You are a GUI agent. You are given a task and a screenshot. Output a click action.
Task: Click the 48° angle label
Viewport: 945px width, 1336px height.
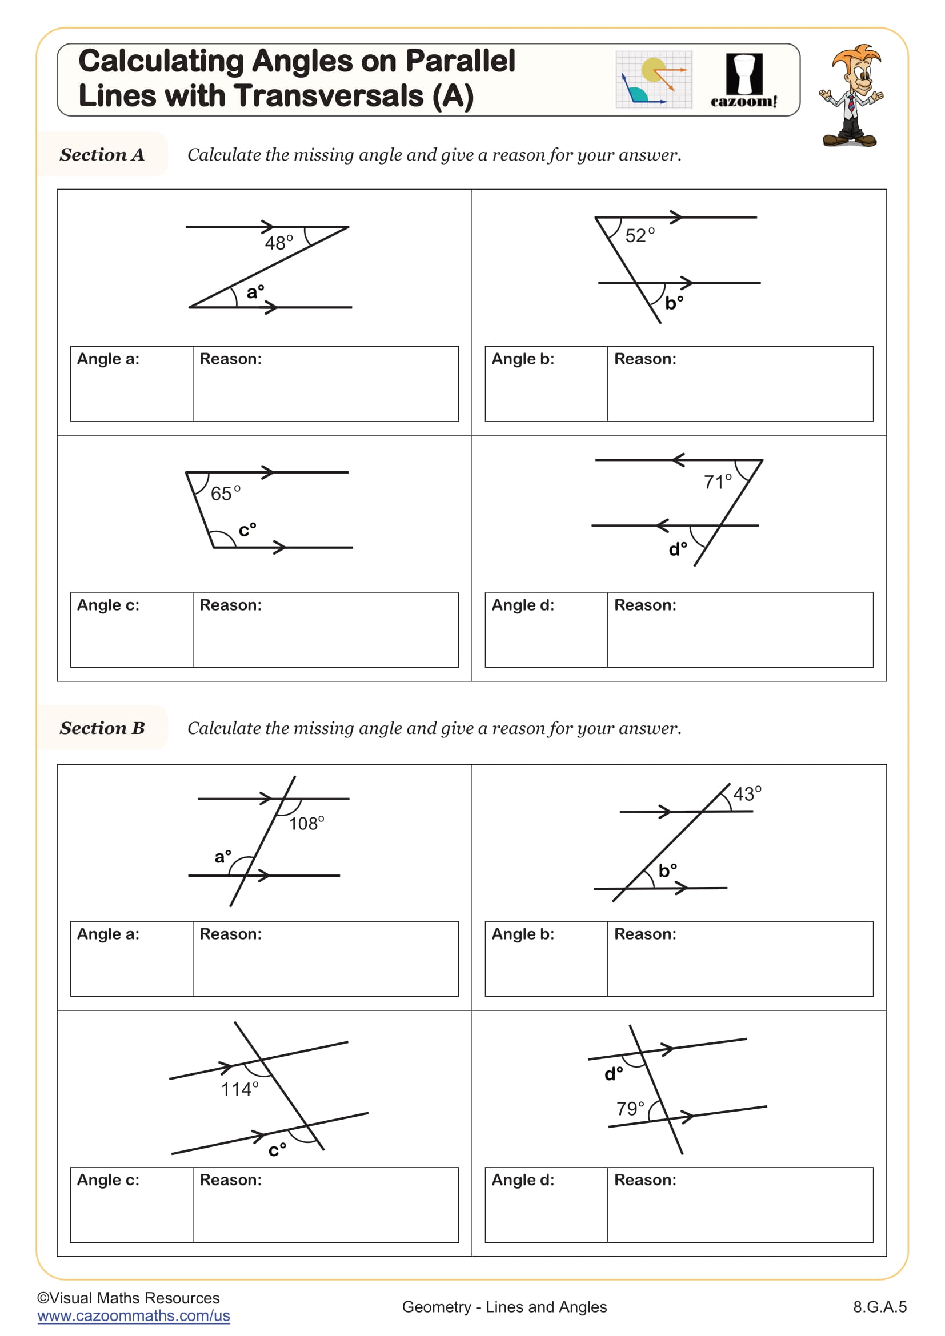278,243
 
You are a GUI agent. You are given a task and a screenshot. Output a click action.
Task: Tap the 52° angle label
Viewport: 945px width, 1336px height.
639,236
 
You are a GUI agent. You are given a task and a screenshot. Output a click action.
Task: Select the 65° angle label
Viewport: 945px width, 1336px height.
225,494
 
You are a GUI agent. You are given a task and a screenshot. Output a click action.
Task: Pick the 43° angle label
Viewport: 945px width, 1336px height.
747,794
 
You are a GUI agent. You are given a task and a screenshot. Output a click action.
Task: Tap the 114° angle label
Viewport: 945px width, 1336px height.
239,1089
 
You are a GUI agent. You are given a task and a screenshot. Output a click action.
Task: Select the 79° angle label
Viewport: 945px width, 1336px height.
630,1109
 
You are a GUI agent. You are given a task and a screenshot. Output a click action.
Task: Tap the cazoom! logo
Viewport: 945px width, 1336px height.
744,81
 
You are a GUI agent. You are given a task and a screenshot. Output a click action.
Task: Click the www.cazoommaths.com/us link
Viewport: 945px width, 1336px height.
133,1315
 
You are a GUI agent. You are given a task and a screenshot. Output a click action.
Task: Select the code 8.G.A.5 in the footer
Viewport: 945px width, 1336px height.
879,1307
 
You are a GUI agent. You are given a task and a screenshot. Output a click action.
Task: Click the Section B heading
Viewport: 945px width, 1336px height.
102,728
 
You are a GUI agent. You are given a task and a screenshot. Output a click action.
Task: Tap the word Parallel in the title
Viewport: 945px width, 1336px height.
460,61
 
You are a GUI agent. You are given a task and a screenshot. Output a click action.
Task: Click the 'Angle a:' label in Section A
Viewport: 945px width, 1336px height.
108,359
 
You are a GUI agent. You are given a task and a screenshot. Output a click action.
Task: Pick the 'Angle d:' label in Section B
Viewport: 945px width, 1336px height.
523,1180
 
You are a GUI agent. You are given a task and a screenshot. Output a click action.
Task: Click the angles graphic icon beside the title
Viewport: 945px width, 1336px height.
654,80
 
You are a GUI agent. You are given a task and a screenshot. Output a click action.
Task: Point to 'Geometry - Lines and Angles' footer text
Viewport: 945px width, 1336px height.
504,1307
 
